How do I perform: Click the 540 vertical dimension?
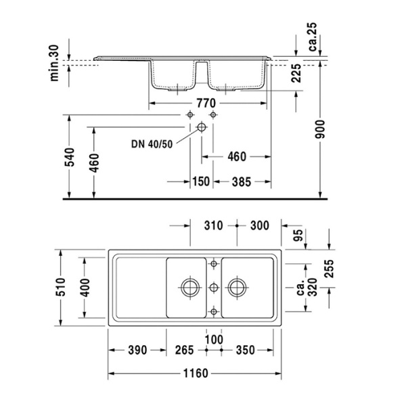pos(68,162)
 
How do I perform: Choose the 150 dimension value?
pos(200,181)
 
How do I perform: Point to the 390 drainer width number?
pos(137,350)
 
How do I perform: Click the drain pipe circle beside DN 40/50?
pos(201,127)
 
